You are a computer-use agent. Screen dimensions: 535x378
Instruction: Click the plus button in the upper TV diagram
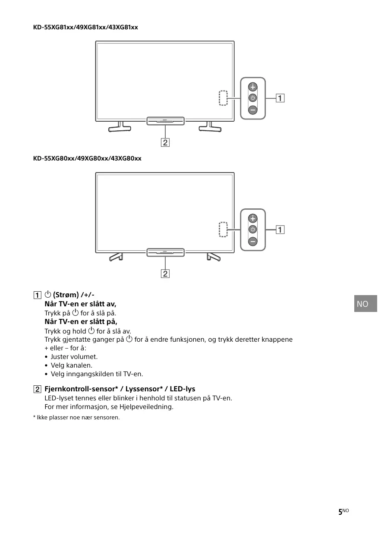click(253, 86)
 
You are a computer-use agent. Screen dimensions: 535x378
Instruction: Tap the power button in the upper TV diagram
click(253, 98)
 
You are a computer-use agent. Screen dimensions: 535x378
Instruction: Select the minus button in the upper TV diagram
click(253, 110)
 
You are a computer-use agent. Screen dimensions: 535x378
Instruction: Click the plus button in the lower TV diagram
click(253, 218)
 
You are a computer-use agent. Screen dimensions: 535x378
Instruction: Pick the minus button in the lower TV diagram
click(253, 241)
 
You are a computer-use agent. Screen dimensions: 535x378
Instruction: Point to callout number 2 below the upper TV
click(165, 142)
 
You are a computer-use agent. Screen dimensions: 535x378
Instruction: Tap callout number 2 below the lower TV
click(165, 274)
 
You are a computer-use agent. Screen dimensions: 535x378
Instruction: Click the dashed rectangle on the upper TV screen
click(223, 98)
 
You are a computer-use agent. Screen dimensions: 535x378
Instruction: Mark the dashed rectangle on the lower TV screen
click(223, 230)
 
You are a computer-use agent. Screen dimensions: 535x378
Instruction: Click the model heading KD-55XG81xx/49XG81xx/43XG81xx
click(85, 27)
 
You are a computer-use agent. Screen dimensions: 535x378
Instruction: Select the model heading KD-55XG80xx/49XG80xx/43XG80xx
click(87, 158)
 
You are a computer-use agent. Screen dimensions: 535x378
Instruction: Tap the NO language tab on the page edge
click(363, 304)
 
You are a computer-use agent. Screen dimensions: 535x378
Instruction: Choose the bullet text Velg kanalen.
click(72, 365)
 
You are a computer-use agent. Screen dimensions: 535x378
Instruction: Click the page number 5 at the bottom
click(340, 512)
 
